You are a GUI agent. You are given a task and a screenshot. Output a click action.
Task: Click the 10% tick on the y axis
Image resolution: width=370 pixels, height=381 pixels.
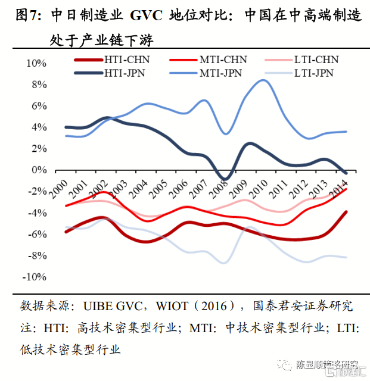36,63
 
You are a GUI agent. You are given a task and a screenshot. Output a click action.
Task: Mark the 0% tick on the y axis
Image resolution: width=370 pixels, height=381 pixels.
39,170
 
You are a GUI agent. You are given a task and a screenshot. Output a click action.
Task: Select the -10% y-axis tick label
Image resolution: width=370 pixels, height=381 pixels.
35,277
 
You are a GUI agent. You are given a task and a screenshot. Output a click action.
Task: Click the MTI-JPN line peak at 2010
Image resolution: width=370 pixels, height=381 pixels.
262,80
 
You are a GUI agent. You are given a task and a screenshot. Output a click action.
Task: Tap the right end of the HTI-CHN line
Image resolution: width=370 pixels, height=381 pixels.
346,211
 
